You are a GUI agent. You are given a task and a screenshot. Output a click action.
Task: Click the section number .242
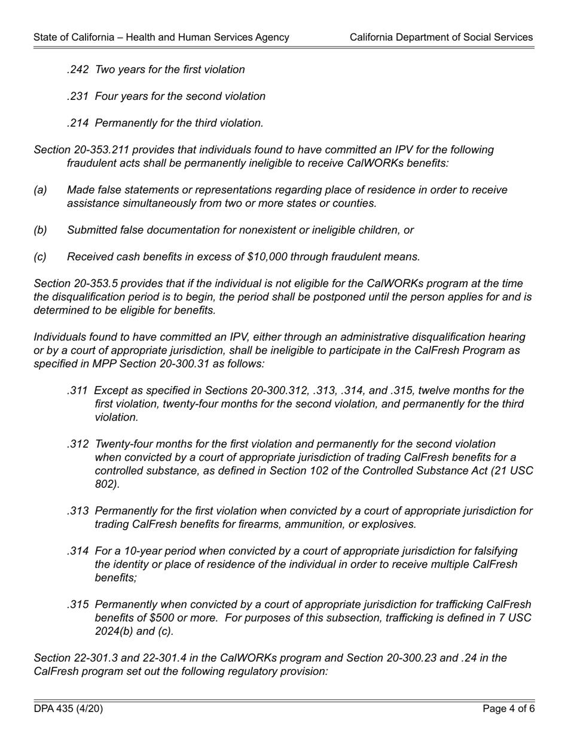pyautogui.click(x=78, y=69)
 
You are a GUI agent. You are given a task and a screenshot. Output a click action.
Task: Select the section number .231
pyautogui.click(x=78, y=96)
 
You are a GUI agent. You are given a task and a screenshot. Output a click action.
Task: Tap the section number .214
pyautogui.click(x=78, y=123)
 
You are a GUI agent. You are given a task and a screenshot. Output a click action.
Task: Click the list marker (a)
pyautogui.click(x=40, y=190)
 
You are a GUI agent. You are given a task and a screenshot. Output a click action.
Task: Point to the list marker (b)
pyautogui.click(x=40, y=230)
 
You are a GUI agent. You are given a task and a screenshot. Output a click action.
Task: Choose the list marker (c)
pyautogui.click(x=40, y=257)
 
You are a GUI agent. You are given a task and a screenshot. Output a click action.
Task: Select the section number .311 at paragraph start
pyautogui.click(x=78, y=391)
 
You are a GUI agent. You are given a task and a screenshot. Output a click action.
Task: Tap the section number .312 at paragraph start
pyautogui.click(x=78, y=444)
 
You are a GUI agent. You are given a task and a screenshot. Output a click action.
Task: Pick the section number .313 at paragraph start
pyautogui.click(x=78, y=511)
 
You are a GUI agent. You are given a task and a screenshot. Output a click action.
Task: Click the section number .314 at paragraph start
pyautogui.click(x=78, y=551)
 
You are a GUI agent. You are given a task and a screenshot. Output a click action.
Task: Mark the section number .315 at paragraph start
pyautogui.click(x=78, y=604)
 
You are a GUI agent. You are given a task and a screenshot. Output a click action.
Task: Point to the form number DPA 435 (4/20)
pyautogui.click(x=68, y=709)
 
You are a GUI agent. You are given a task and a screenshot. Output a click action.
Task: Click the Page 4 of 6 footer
pyautogui.click(x=508, y=709)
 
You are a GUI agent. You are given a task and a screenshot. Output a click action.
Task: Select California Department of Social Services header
pyautogui.click(x=441, y=37)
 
